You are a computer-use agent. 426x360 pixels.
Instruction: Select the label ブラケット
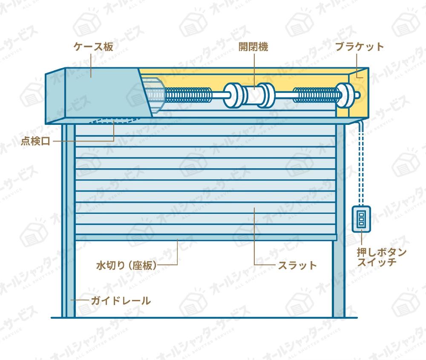pos(359,47)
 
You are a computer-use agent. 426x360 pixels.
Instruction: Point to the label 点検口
pos(35,141)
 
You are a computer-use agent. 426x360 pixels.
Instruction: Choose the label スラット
pos(297,265)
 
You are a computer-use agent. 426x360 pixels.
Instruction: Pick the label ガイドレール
pos(121,301)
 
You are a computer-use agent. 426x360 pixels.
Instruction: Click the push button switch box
pos(361,219)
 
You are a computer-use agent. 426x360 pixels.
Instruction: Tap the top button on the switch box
pos(361,213)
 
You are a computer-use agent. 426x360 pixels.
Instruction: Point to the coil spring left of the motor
pos(188,95)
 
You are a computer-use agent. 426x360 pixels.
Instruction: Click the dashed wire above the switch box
pos(361,170)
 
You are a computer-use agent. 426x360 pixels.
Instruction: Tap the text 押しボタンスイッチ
pos(381,257)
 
